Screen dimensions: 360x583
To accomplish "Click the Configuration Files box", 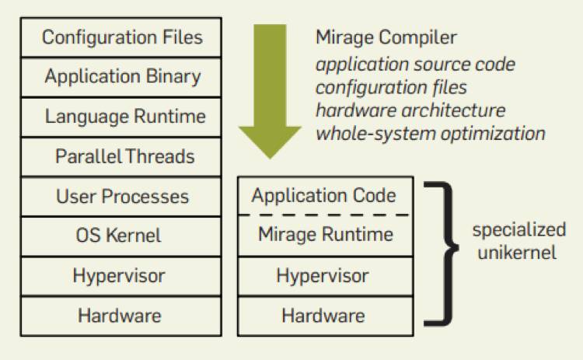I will click(122, 37).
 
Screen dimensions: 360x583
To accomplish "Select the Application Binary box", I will click(122, 77).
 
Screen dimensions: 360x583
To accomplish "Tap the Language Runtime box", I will click(122, 117).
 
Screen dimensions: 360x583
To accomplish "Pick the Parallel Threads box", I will click(122, 157).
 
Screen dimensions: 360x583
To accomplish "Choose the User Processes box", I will click(122, 197).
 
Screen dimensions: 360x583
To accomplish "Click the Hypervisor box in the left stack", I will click(122, 276).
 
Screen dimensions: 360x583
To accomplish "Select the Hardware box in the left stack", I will click(122, 316).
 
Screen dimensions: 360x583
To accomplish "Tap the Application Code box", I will click(323, 196).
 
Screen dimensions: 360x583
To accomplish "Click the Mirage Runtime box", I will click(323, 235).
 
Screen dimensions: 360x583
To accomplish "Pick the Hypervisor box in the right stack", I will click(323, 276).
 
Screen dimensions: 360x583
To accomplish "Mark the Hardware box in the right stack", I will click(323, 316).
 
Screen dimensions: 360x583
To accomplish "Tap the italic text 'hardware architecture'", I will click(410, 110).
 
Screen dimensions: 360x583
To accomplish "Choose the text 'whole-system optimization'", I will click(431, 133).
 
